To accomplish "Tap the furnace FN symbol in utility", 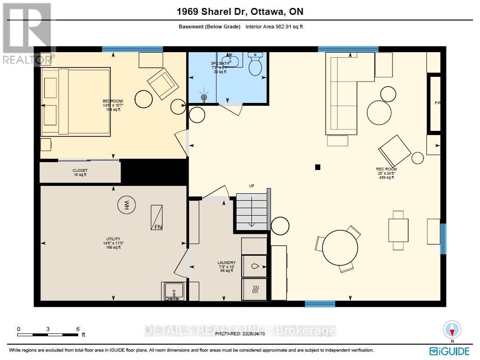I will (x=156, y=217).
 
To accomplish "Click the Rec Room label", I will (x=386, y=173).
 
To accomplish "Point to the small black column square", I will (x=318, y=167).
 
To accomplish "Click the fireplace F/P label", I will (x=437, y=103).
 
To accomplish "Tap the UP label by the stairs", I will (x=251, y=186).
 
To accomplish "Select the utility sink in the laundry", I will (x=174, y=291).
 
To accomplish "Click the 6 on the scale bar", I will (x=78, y=329).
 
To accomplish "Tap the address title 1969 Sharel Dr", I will (x=240, y=12).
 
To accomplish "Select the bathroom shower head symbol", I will (x=203, y=97).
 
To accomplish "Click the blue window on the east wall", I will (x=443, y=238).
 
